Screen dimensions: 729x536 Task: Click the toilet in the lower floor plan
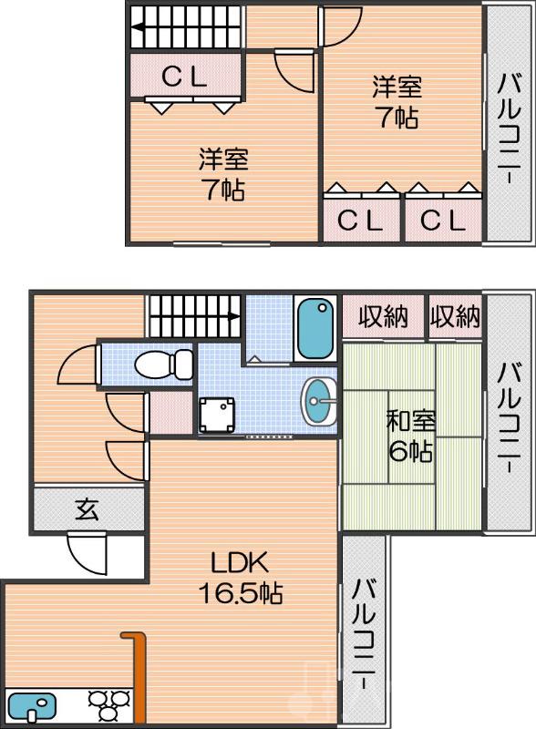click(162, 364)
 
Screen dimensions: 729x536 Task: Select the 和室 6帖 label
click(411, 436)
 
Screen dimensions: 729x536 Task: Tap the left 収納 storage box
click(382, 317)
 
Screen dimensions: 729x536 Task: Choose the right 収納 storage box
click(455, 317)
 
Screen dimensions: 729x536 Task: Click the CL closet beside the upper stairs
click(185, 77)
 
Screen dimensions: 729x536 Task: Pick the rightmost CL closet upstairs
click(442, 220)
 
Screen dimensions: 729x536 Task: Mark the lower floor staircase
click(193, 316)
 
